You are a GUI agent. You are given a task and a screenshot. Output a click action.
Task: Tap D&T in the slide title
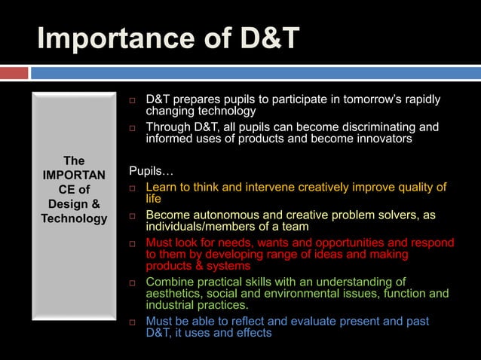click(x=265, y=38)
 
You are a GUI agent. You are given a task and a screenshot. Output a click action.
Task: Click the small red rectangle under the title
click(x=14, y=73)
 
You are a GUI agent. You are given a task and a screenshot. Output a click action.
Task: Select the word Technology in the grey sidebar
click(x=74, y=218)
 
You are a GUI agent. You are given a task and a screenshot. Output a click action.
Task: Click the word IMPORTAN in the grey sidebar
click(x=74, y=175)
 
